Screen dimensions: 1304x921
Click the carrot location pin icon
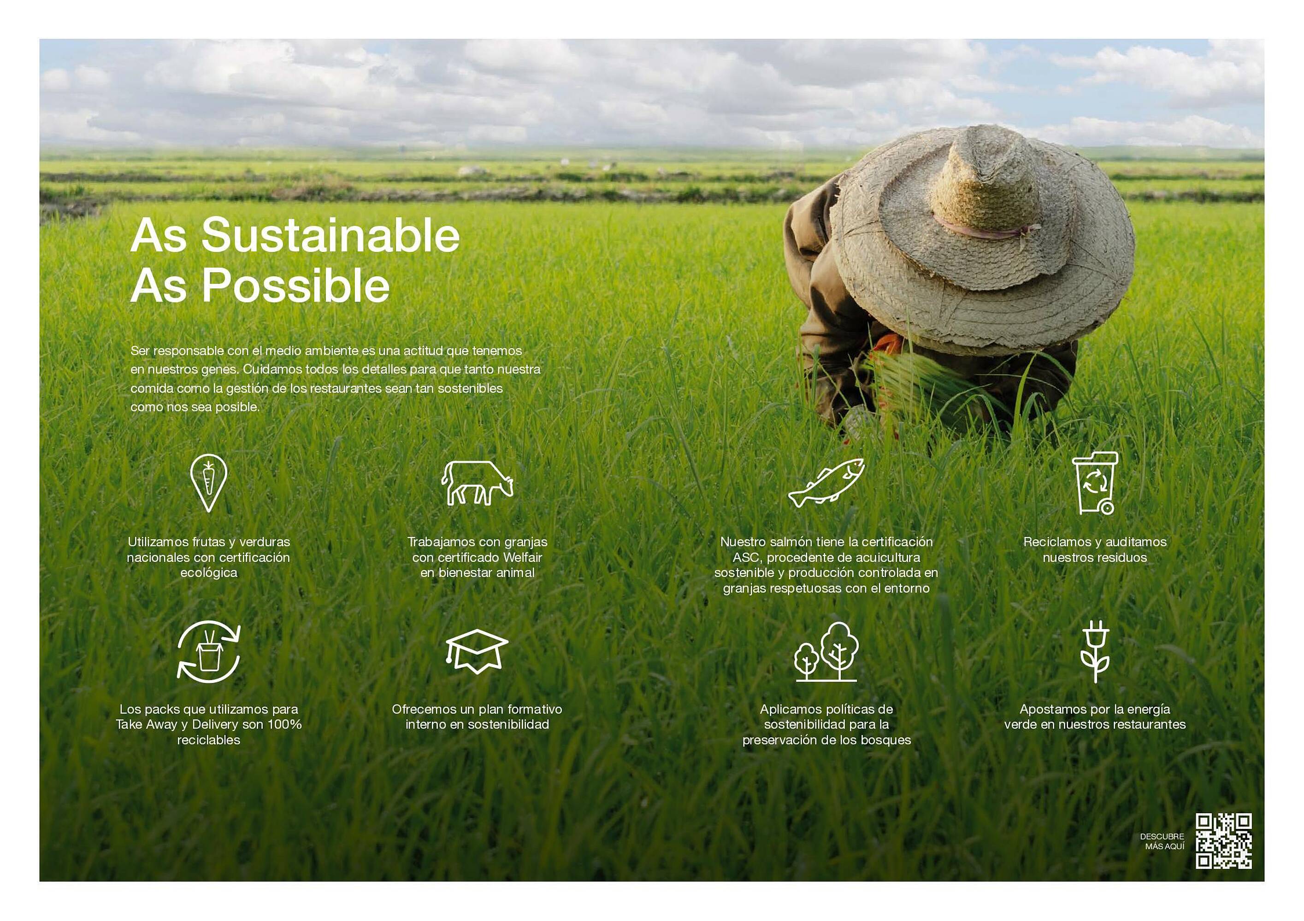(x=208, y=482)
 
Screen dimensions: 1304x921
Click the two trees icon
(x=826, y=652)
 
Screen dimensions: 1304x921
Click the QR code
(x=1223, y=841)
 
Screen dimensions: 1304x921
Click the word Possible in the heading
(x=296, y=285)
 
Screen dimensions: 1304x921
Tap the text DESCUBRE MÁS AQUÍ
(x=1162, y=841)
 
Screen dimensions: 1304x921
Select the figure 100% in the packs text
(x=284, y=724)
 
